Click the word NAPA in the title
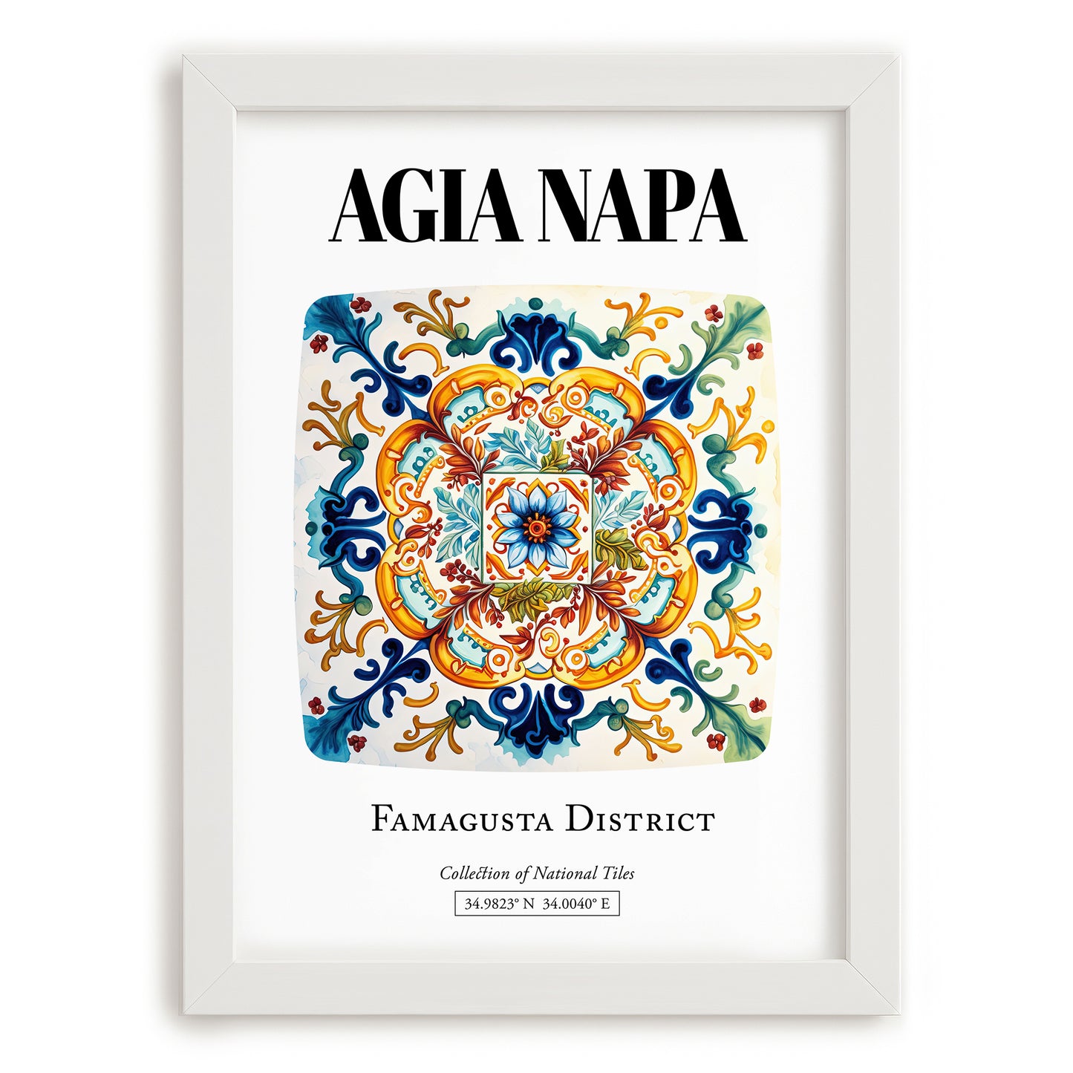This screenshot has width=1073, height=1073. tap(642, 206)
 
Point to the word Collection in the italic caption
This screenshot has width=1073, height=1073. tap(474, 873)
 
